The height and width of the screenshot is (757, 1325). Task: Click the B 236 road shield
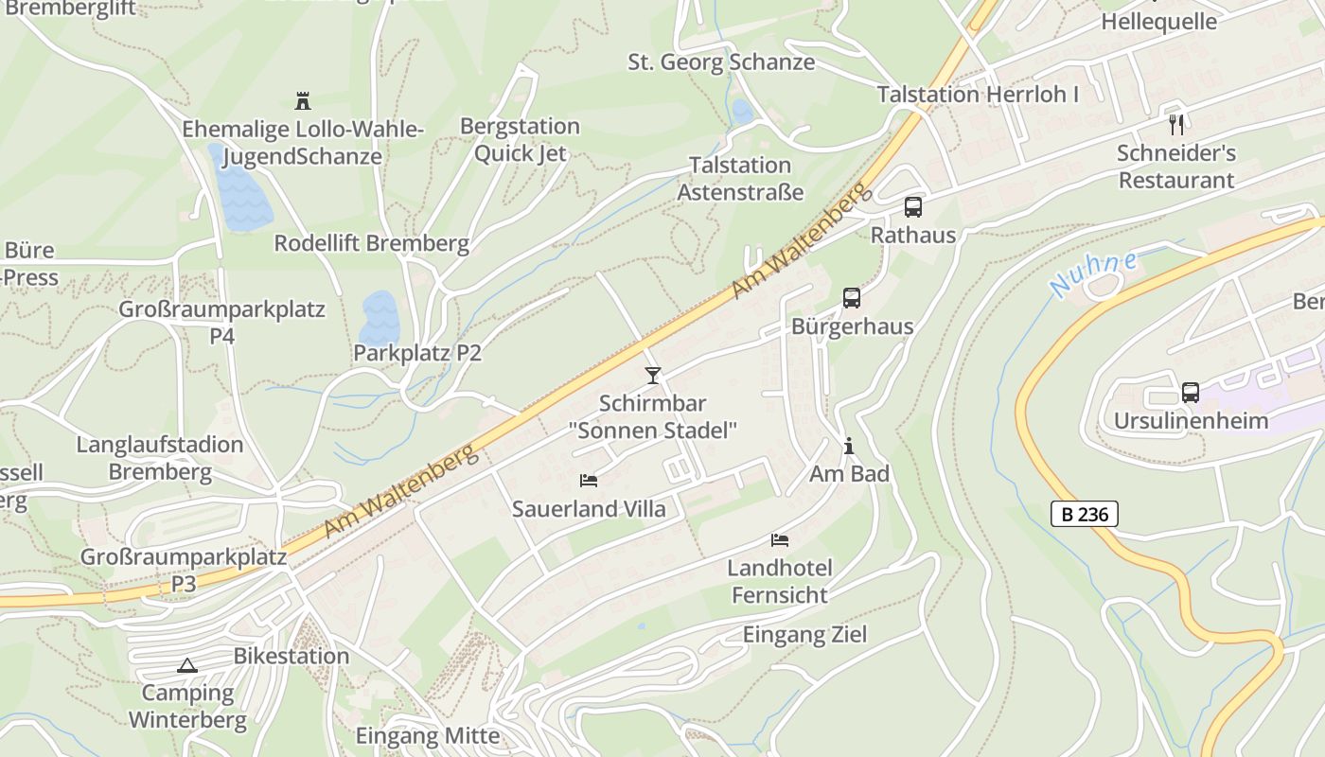pos(1085,514)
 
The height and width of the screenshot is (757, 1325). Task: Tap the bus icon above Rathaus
pos(913,206)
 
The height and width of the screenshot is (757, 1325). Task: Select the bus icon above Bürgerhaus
pos(852,298)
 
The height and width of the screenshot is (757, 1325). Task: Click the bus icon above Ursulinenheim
pos(1191,392)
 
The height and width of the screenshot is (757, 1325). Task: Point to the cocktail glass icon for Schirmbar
pos(652,376)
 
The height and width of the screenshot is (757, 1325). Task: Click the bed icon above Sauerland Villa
pos(589,481)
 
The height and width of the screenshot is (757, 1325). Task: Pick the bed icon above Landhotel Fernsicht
pos(780,540)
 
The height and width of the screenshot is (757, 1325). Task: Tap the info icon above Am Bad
pos(849,445)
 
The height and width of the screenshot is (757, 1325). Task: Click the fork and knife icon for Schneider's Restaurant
pos(1176,124)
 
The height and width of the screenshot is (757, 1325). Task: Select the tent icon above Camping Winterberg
pos(187,665)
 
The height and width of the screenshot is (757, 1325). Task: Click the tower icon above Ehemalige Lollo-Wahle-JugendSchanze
pos(303,100)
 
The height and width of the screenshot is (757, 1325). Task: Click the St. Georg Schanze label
pos(721,62)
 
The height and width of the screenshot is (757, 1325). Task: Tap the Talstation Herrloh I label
pos(978,95)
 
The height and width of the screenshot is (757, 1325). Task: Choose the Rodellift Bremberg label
pos(371,243)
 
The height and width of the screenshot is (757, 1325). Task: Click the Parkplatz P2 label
pos(417,353)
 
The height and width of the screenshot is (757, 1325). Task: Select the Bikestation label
pos(291,656)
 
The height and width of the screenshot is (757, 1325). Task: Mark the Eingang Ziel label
pos(804,634)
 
